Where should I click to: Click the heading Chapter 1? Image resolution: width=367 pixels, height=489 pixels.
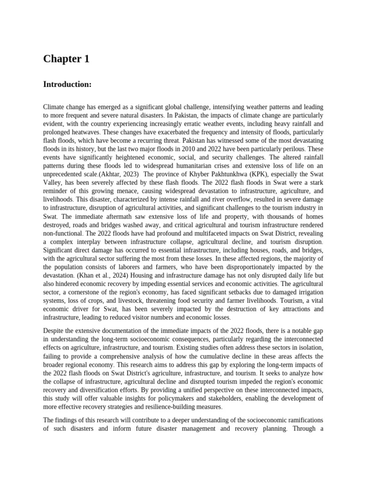pyautogui.click(x=66, y=59)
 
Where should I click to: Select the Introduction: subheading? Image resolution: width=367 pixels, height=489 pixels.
pyautogui.click(x=67, y=85)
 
